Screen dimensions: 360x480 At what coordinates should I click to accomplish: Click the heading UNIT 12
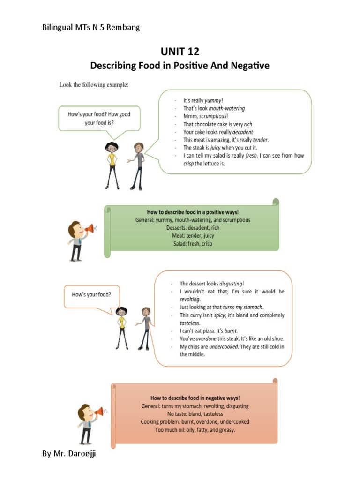[180, 51]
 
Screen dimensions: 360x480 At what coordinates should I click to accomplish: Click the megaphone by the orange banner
[98, 412]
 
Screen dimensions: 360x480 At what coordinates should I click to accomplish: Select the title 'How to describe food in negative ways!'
[195, 397]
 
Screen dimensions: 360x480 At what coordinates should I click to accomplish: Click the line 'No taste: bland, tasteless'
[195, 414]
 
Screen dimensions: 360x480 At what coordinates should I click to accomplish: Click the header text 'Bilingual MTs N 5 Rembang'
[91, 27]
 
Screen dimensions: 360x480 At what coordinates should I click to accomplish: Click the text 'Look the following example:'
[93, 84]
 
